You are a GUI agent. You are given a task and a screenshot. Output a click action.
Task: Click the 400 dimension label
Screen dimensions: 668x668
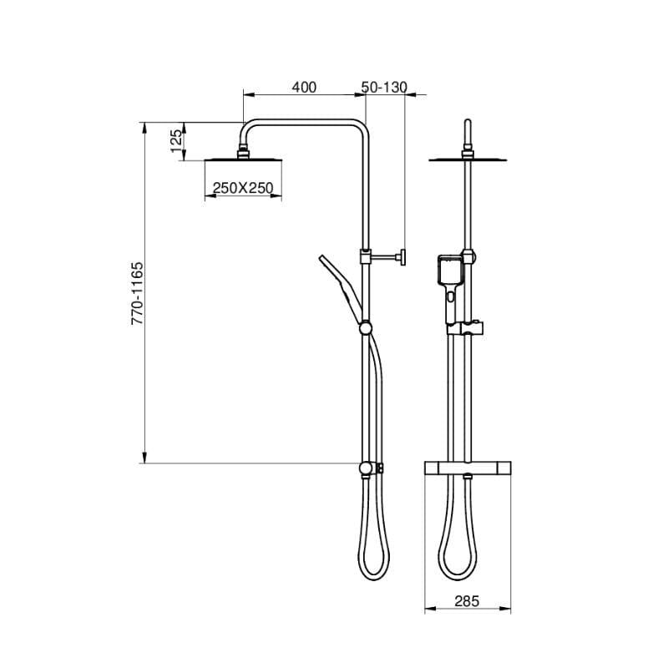click(x=304, y=88)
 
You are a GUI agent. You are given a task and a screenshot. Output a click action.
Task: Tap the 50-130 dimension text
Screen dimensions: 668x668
click(x=384, y=88)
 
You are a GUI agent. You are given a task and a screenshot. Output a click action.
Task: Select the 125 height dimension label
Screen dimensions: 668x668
click(x=176, y=141)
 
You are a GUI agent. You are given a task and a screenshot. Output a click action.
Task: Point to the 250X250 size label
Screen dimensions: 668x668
click(x=243, y=188)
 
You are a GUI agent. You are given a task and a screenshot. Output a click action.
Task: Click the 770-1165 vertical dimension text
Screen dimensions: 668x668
click(x=138, y=294)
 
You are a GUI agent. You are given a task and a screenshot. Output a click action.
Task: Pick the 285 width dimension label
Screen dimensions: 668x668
click(x=467, y=601)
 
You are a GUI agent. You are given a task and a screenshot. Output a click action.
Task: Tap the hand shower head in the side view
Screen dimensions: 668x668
click(x=341, y=288)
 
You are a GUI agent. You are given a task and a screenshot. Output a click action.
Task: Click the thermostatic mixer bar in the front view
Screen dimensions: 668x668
click(x=468, y=468)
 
